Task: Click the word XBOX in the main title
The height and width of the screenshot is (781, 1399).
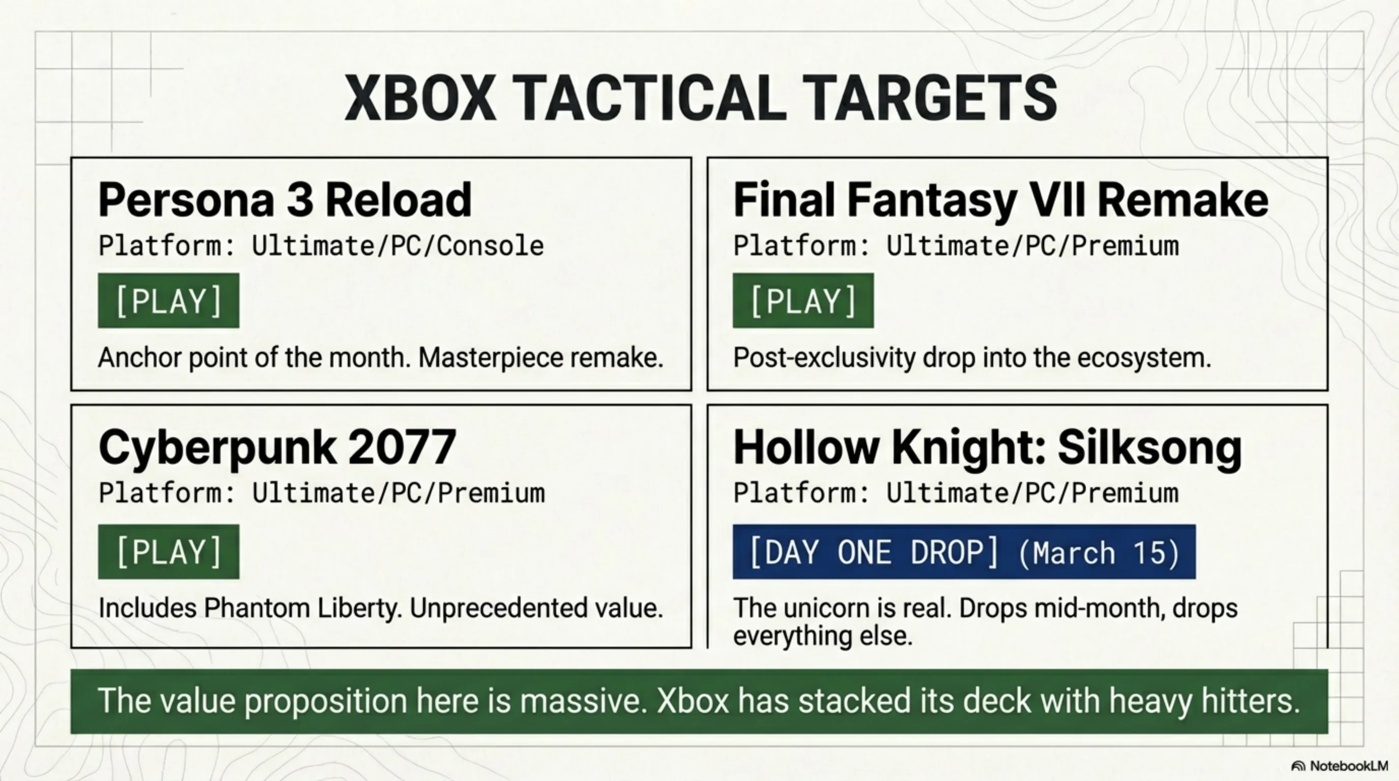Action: pos(420,98)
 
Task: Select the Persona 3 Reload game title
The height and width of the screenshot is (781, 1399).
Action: pos(285,200)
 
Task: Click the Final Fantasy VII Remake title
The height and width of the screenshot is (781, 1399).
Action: pos(1000,200)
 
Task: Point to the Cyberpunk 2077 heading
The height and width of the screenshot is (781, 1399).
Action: pos(277,447)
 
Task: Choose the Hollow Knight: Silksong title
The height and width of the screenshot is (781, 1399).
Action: pos(987,447)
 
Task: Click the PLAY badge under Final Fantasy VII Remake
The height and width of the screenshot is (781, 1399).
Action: pos(803,301)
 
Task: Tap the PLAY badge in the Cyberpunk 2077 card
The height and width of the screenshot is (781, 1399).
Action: pos(168,551)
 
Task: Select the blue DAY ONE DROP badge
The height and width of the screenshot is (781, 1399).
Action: pos(964,551)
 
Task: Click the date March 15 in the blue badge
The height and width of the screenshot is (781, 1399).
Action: pos(1098,553)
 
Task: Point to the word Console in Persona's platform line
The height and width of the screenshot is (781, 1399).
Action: pos(490,246)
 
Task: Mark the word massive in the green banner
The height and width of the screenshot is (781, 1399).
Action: pos(583,701)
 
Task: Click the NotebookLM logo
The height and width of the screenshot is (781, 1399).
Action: pos(1339,766)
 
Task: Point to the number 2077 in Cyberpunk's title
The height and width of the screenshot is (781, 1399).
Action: pos(402,447)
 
